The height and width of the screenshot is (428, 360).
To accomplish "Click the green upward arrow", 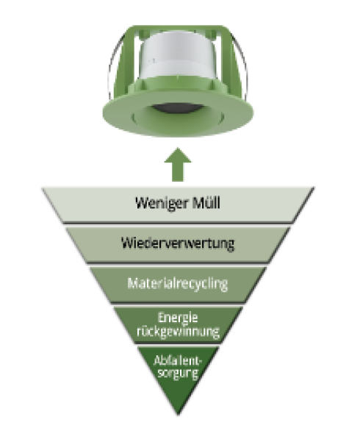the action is pos(178,164).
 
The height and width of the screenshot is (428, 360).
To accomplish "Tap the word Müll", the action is pos(206,202).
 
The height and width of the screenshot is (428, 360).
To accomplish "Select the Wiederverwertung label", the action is pos(178,243).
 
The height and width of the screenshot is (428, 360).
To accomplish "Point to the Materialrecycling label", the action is pos(178,284).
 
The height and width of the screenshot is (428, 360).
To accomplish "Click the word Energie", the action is pos(178,318).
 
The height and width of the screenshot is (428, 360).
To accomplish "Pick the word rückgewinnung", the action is pos(178,332).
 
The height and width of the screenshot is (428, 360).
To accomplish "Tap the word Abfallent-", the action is pos(178,361).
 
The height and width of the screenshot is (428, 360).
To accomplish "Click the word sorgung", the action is pos(178,373).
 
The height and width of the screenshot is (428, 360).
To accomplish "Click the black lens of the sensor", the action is pos(178,108).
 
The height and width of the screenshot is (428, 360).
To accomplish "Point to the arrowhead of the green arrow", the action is pos(178,156).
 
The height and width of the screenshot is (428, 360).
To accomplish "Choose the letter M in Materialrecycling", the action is pos(134,283).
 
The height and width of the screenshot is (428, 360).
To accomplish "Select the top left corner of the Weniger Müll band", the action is pos(42,188).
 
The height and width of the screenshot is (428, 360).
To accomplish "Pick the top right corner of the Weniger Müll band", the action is pos(314,188).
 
